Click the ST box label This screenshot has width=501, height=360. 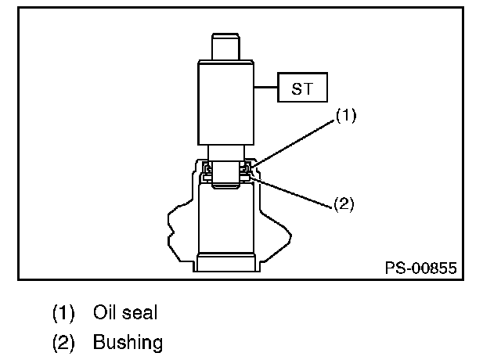point(301,88)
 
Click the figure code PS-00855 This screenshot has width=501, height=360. point(420,267)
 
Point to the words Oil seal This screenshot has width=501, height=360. point(125,313)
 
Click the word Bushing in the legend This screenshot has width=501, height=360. point(128,343)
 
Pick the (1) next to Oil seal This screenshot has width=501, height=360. point(63,313)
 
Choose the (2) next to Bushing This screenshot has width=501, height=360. point(63,343)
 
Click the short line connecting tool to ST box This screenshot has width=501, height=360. point(267,88)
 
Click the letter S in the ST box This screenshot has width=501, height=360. point(296,88)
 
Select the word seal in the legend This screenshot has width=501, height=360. point(142,313)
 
